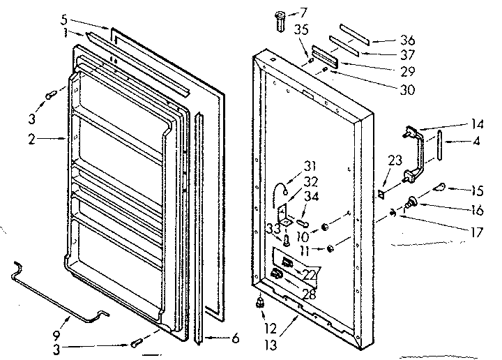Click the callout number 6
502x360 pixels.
(x=234, y=338)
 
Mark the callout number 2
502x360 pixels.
(x=31, y=139)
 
